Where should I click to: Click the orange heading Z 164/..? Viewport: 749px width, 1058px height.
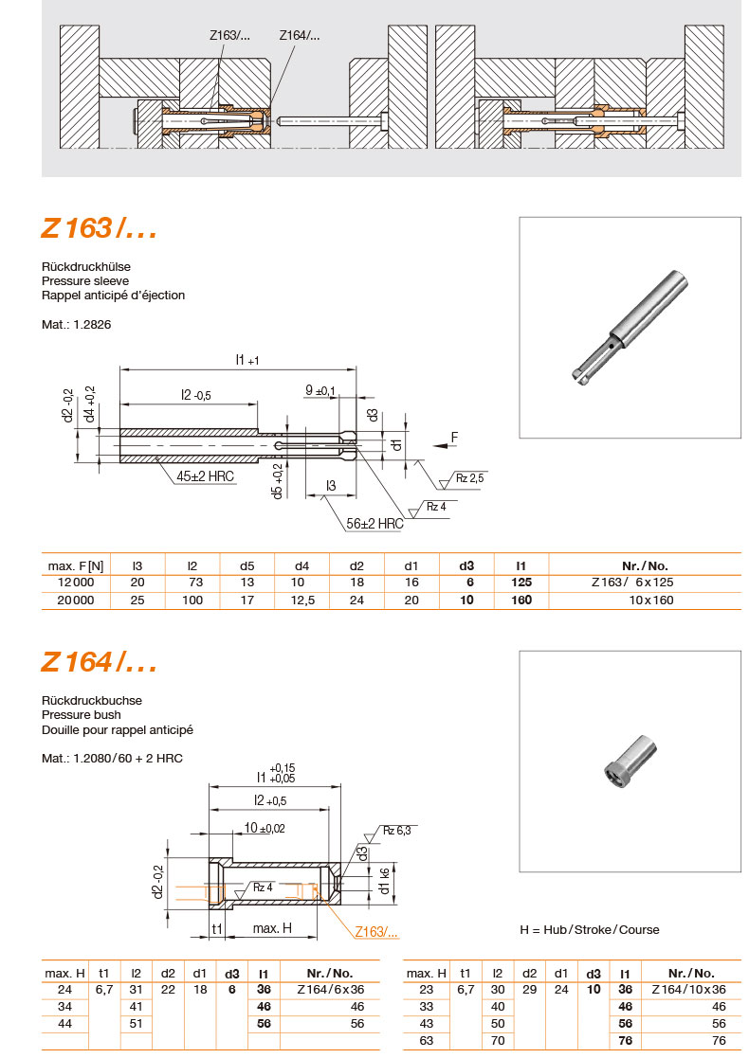(98, 662)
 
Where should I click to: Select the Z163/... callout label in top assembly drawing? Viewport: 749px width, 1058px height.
(229, 36)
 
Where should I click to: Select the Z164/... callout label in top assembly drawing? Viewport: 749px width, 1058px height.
(299, 36)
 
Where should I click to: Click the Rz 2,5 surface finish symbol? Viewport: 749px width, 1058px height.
(469, 478)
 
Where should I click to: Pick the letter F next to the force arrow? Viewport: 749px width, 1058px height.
(455, 437)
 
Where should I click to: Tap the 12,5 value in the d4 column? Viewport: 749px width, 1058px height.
(301, 601)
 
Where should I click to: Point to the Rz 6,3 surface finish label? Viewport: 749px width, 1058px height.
(396, 830)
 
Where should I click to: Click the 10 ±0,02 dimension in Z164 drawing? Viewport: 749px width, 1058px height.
(264, 828)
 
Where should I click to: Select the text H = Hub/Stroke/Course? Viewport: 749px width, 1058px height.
(590, 929)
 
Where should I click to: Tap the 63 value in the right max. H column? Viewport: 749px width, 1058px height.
(426, 1041)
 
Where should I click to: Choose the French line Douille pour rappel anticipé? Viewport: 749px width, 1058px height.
(117, 730)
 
